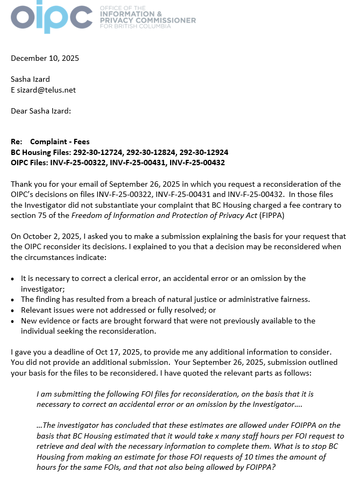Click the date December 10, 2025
coord(45,58)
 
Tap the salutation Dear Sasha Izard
coord(41,111)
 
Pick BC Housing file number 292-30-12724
coord(98,152)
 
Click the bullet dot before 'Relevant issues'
coord(13,310)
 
